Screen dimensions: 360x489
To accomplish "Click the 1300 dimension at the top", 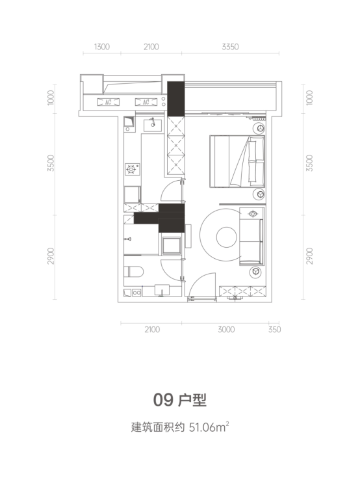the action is pyautogui.click(x=101, y=47).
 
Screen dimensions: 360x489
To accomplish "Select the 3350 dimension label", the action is pyautogui.click(x=230, y=47).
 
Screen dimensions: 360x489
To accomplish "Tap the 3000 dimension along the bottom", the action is pyautogui.click(x=226, y=330).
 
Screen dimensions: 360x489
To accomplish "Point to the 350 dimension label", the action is pyautogui.click(x=274, y=330).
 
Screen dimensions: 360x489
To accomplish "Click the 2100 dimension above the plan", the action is pyautogui.click(x=151, y=47).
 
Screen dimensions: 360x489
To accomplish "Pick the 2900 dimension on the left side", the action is pyautogui.click(x=51, y=256).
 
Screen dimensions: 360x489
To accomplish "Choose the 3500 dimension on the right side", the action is pyautogui.click(x=309, y=163).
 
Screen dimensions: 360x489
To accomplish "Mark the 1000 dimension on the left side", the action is pyautogui.click(x=51, y=98).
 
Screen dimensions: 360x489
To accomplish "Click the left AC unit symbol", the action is pyautogui.click(x=108, y=102).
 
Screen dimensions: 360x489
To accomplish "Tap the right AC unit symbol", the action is pyautogui.click(x=146, y=102).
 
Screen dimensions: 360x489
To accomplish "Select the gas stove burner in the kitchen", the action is pyautogui.click(x=131, y=169).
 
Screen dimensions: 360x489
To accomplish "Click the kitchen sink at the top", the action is pyautogui.click(x=153, y=125).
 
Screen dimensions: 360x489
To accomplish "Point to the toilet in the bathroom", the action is pyautogui.click(x=134, y=272).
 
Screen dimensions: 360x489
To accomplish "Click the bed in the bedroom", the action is pyautogui.click(x=237, y=161).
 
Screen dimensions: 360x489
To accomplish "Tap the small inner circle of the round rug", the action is pyautogui.click(x=227, y=237).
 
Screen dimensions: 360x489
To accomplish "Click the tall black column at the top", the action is pyautogui.click(x=176, y=99).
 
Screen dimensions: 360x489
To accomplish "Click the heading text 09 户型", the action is pyautogui.click(x=180, y=400).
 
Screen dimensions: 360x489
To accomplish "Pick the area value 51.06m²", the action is pyautogui.click(x=209, y=427).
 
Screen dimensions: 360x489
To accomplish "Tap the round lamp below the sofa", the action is pyautogui.click(x=256, y=272).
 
